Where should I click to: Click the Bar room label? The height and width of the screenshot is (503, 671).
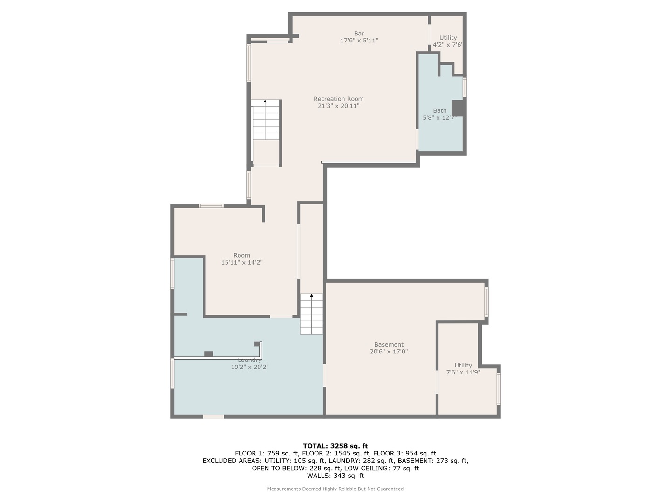click(x=359, y=34)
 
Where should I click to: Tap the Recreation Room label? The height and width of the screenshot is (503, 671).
click(x=338, y=99)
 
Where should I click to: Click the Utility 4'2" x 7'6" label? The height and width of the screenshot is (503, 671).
click(x=448, y=41)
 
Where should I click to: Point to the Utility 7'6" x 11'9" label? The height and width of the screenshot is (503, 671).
click(x=463, y=369)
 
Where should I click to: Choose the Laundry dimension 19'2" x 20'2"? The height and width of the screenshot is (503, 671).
click(x=250, y=367)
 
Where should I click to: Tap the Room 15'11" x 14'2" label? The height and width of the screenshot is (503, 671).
click(x=242, y=259)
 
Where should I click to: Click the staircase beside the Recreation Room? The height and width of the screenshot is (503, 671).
click(x=266, y=121)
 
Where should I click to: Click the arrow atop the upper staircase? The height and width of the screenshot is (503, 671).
click(x=265, y=101)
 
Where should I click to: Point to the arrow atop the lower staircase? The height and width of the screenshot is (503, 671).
click(x=311, y=295)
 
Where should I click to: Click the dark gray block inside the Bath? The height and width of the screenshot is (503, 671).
click(x=458, y=108)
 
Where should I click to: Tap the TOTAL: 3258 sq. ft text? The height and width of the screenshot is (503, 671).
click(x=335, y=446)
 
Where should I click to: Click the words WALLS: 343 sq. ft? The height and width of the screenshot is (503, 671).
click(x=335, y=476)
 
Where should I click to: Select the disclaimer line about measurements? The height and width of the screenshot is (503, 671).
click(x=335, y=489)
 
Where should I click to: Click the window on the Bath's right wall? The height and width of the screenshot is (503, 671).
click(x=465, y=87)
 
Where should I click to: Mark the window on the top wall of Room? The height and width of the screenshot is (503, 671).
click(x=211, y=205)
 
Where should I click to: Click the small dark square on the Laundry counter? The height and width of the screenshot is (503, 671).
click(x=209, y=354)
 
